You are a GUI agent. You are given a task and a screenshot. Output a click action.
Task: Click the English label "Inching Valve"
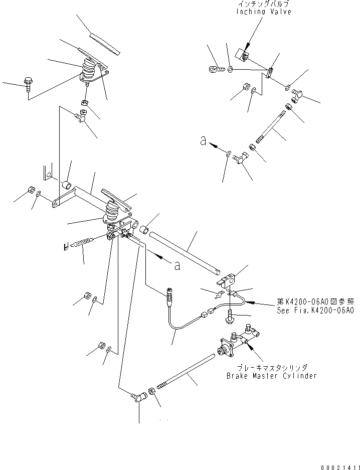[x=263, y=12]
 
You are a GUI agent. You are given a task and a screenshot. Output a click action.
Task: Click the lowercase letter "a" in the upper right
[x=202, y=142]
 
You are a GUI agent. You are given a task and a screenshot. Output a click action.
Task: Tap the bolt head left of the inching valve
[x=215, y=66]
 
